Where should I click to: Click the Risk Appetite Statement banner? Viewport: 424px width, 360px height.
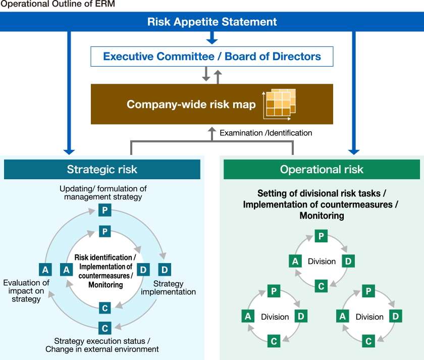(x=212, y=22)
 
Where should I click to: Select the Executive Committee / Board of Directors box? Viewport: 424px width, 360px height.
(x=212, y=57)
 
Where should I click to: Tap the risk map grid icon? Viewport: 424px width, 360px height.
(x=279, y=105)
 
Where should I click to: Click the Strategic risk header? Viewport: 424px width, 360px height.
(x=102, y=170)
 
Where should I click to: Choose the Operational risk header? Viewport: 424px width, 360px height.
(x=322, y=170)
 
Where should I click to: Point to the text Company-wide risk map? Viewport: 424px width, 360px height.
(x=191, y=105)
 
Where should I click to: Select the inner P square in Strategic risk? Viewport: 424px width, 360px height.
(x=104, y=231)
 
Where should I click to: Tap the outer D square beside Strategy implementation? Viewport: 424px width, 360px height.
(x=164, y=269)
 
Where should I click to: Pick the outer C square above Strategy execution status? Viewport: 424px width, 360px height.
(x=105, y=328)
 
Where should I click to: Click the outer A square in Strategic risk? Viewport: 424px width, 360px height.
(x=45, y=270)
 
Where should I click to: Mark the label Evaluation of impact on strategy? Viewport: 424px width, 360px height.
(x=26, y=291)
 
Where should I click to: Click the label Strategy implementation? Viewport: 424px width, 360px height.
(x=168, y=288)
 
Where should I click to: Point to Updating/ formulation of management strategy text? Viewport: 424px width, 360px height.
(x=103, y=192)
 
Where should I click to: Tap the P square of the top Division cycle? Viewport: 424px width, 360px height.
(x=321, y=236)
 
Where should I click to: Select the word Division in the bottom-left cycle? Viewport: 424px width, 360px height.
(x=275, y=317)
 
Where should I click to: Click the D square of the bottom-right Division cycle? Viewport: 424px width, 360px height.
(x=396, y=317)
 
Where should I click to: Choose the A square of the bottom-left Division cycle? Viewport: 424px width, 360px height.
(x=248, y=317)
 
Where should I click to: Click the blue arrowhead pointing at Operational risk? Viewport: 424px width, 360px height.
(x=354, y=151)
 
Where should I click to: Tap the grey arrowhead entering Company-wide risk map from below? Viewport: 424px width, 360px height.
(x=212, y=130)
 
